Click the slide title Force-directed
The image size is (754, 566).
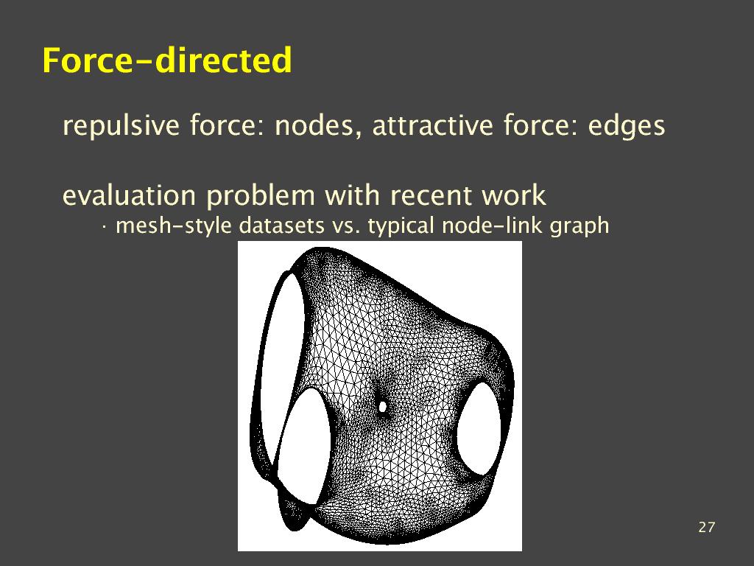[167, 60]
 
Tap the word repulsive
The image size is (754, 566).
[121, 125]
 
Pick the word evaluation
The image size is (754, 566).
[129, 195]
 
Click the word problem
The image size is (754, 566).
[261, 196]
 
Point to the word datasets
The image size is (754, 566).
[282, 226]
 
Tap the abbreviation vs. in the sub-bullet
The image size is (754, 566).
[346, 226]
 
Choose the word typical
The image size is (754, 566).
[401, 226]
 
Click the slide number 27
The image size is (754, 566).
[706, 527]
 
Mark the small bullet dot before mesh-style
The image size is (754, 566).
[103, 226]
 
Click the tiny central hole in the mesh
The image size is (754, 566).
[383, 407]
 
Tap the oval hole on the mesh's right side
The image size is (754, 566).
[479, 428]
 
